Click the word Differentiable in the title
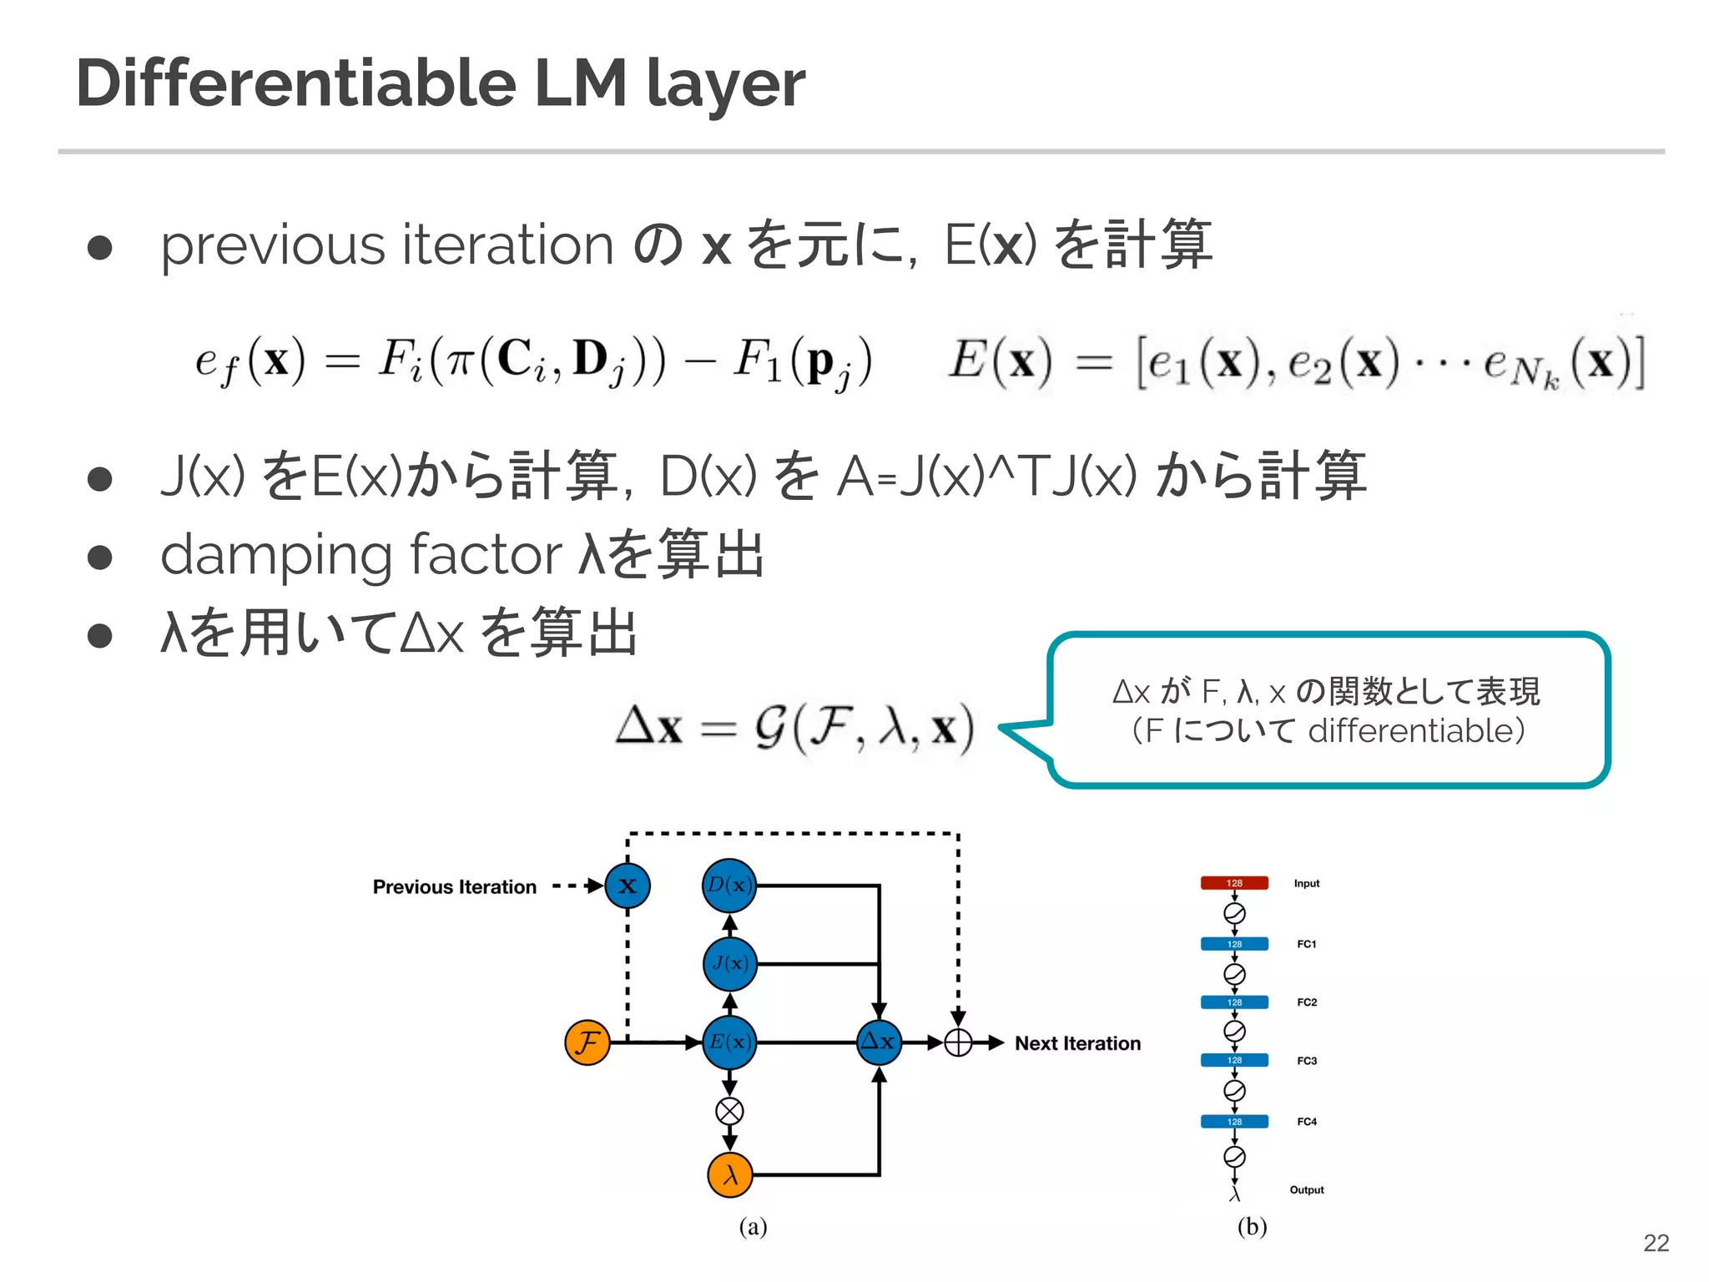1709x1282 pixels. [296, 83]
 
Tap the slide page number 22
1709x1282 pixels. [1656, 1243]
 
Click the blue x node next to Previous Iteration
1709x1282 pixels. [628, 886]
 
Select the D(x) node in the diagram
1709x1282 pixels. [729, 885]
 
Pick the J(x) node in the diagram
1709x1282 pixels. [729, 964]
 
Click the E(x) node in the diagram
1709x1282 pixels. [729, 1042]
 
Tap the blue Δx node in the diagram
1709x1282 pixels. [879, 1042]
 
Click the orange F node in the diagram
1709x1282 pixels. [587, 1042]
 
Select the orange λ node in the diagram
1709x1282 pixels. [729, 1175]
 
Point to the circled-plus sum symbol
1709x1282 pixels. [958, 1042]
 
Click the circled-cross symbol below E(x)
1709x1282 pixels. [729, 1111]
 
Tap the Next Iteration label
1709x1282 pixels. [1077, 1043]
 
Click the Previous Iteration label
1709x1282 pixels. [454, 886]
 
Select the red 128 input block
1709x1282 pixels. [1234, 883]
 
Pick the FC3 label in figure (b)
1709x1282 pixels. [1307, 1061]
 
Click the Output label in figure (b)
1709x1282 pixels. [1307, 1190]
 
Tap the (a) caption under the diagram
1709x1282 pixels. [753, 1226]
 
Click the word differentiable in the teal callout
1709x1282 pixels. [1409, 731]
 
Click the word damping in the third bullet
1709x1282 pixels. [275, 555]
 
